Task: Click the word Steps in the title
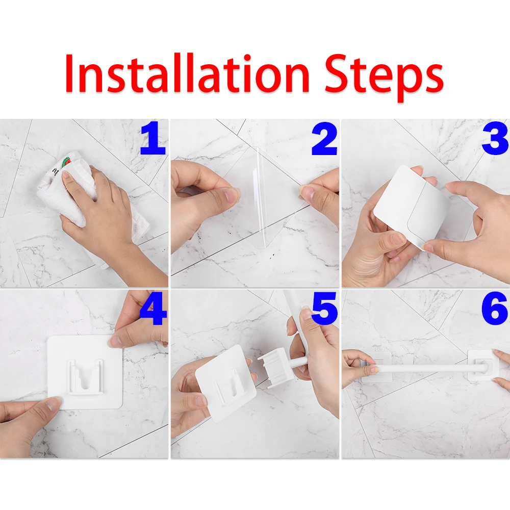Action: [384, 78]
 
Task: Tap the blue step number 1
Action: [154, 138]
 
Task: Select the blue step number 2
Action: [324, 139]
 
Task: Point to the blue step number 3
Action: [495, 138]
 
